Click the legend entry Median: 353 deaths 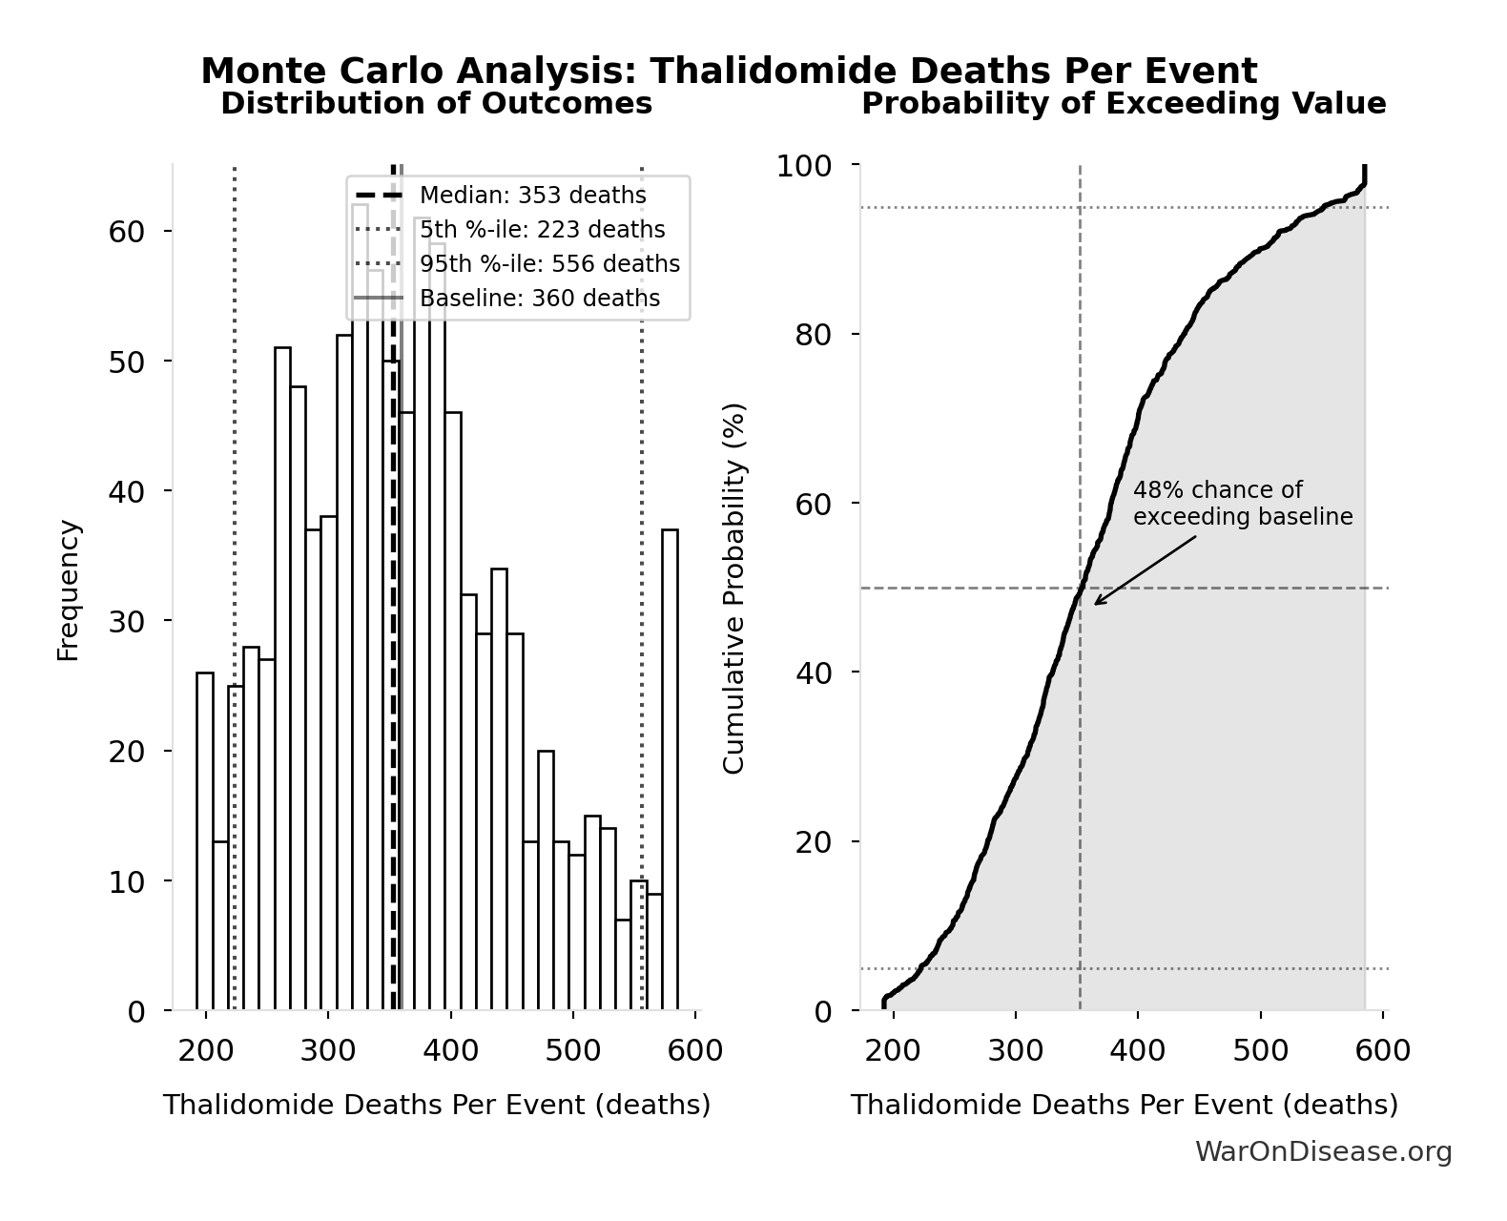click(x=532, y=196)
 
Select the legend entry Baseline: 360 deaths click(x=539, y=299)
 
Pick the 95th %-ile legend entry click(x=549, y=264)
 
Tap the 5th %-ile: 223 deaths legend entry click(x=542, y=230)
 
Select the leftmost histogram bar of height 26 click(x=205, y=840)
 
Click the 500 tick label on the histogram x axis click(x=572, y=1051)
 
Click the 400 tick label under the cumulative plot click(x=1138, y=1051)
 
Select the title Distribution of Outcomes click(x=436, y=103)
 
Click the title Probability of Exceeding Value click(x=1124, y=103)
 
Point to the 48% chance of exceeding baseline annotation click(x=1242, y=504)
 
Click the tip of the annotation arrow click(x=1094, y=604)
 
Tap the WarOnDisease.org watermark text click(x=1323, y=1152)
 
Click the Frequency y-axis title click(x=69, y=590)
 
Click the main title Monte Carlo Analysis click(x=729, y=71)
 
